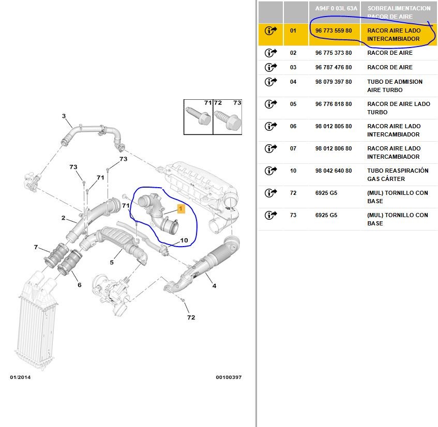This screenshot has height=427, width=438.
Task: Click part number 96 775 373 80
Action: pos(334,53)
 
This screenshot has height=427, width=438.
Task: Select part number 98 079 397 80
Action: pos(334,82)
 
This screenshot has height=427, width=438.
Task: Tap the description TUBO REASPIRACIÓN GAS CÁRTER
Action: pos(398,175)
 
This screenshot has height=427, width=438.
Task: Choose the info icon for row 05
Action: pos(270,104)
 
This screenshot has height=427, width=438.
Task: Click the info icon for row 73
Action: pos(270,215)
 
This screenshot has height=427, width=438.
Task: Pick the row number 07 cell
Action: pos(293,148)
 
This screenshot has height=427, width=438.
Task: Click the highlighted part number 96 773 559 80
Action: pos(334,30)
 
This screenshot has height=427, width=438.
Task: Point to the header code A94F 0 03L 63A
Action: pos(336,9)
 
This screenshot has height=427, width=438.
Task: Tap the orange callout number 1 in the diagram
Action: pos(180,208)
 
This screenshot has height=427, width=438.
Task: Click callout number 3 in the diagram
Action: pos(64,116)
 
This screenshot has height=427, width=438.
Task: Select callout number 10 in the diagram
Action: pos(184,240)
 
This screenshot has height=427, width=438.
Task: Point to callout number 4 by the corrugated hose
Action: pos(214,286)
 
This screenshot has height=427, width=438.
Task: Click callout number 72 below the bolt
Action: pos(191,317)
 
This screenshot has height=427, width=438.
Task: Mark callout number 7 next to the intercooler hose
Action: pos(36,247)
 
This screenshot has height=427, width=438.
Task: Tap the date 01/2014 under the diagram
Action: pos(20,377)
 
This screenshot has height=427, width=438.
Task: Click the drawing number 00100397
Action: pos(229,377)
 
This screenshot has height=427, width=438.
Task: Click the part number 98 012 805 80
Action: pos(334,126)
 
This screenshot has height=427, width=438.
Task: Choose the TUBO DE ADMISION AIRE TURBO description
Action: pos(395,86)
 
